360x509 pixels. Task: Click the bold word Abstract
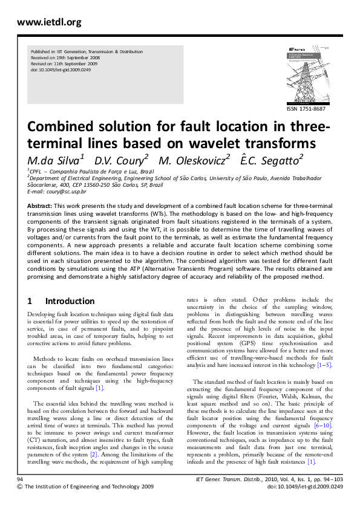point(39,206)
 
